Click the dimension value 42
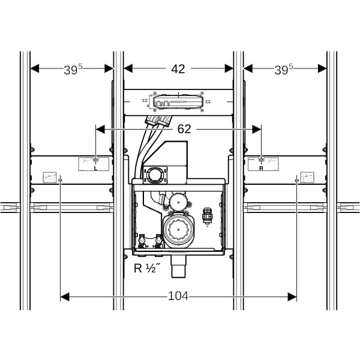point(178,69)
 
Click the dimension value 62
point(184,129)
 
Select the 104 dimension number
point(178,296)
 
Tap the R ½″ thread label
point(146,268)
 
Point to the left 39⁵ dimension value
point(73,69)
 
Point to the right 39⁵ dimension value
point(284,69)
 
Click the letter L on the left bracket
point(95,168)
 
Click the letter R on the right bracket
point(261,168)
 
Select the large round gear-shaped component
point(178,230)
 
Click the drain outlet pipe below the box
point(179,266)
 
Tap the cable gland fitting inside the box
point(207,216)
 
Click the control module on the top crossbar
point(178,101)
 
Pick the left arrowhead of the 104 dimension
point(65,296)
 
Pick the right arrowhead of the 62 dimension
point(256,129)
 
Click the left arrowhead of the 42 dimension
point(128,68)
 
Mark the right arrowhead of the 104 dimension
point(292,296)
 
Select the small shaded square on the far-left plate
point(50,177)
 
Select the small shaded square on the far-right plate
point(307,177)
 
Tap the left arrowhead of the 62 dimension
point(100,129)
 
